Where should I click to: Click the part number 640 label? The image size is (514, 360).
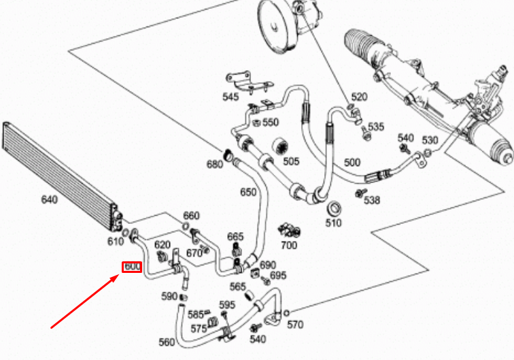(x=49, y=199)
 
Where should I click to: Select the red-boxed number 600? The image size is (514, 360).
(x=132, y=267)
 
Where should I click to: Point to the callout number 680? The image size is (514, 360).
(x=215, y=164)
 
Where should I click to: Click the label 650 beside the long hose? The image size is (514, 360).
(x=249, y=192)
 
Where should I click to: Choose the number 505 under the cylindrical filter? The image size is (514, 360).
(x=291, y=161)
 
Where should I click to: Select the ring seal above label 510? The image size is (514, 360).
(x=334, y=208)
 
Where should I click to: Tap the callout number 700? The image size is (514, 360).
(x=289, y=244)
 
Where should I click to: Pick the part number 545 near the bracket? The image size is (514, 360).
(x=230, y=97)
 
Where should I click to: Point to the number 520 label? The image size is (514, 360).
(x=358, y=97)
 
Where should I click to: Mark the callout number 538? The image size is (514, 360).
(x=371, y=200)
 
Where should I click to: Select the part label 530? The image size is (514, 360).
(x=430, y=140)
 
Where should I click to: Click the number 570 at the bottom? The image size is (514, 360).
(x=295, y=325)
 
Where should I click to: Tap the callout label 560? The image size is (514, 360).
(x=166, y=342)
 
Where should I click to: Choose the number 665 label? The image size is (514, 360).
(x=235, y=236)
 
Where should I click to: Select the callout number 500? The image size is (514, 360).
(x=352, y=163)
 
